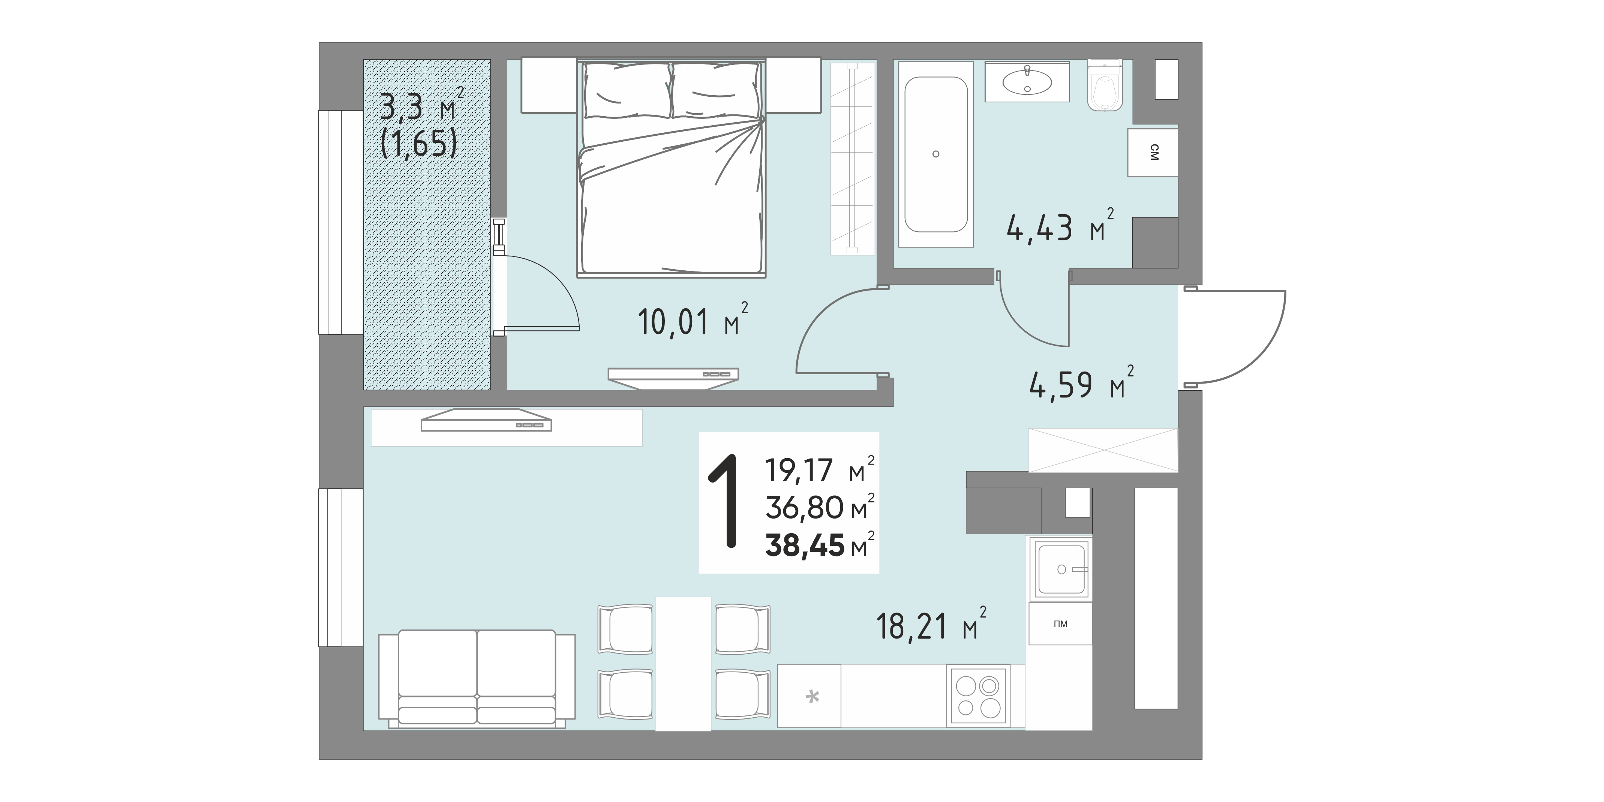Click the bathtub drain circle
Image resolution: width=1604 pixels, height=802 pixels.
pyautogui.click(x=936, y=154)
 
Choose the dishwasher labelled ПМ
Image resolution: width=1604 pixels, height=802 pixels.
pyautogui.click(x=1060, y=623)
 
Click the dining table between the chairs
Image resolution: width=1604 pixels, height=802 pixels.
pyautogui.click(x=683, y=663)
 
